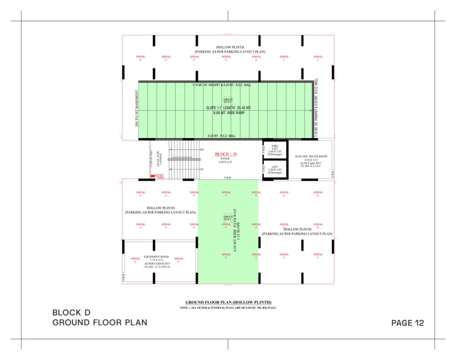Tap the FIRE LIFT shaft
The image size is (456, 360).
click(x=275, y=149)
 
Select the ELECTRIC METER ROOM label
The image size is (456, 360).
click(x=311, y=156)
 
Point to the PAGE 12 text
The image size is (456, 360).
click(x=408, y=323)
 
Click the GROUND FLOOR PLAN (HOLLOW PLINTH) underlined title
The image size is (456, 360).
click(x=228, y=302)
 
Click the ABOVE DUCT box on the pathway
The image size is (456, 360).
click(x=228, y=219)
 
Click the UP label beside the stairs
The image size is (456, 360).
click(x=201, y=169)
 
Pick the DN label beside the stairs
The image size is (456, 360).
click(x=201, y=149)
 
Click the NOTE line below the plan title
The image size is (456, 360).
click(x=228, y=308)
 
